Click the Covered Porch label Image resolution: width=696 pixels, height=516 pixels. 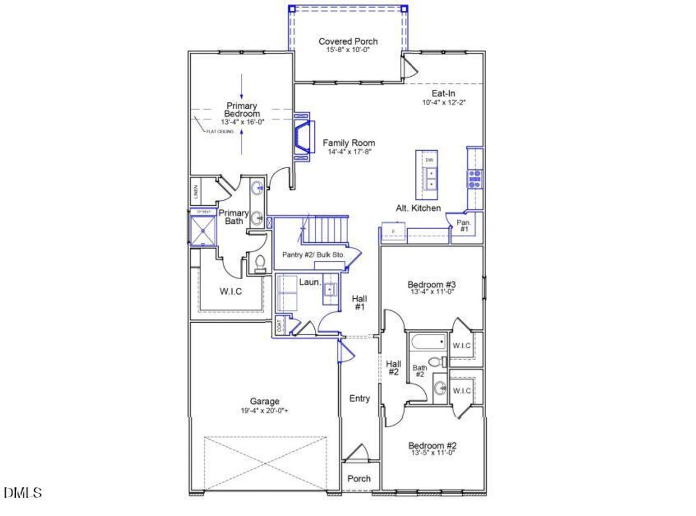tap(348, 41)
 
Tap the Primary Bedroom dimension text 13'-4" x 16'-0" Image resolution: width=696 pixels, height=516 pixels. tap(242, 122)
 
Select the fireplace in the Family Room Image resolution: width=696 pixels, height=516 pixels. tap(302, 138)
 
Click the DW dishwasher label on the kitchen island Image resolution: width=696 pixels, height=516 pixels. tap(429, 160)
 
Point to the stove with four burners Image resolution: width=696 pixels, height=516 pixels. tap(475, 179)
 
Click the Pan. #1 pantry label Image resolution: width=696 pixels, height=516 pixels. tap(464, 226)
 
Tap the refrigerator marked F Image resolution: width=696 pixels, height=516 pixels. tap(393, 231)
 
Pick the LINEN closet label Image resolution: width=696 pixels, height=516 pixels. tap(196, 192)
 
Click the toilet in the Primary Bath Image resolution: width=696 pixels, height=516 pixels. tap(260, 263)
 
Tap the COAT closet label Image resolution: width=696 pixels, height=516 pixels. tap(280, 326)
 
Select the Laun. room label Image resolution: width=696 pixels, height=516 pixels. tap(309, 282)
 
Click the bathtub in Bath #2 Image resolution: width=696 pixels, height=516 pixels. tap(428, 343)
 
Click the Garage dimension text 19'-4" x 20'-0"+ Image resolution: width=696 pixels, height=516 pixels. tap(265, 411)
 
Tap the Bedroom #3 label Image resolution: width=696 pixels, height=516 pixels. tap(431, 284)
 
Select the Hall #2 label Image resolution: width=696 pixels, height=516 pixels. tap(394, 368)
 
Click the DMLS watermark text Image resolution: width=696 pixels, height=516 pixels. tap(23, 493)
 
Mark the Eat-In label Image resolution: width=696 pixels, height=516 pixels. tap(444, 94)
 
